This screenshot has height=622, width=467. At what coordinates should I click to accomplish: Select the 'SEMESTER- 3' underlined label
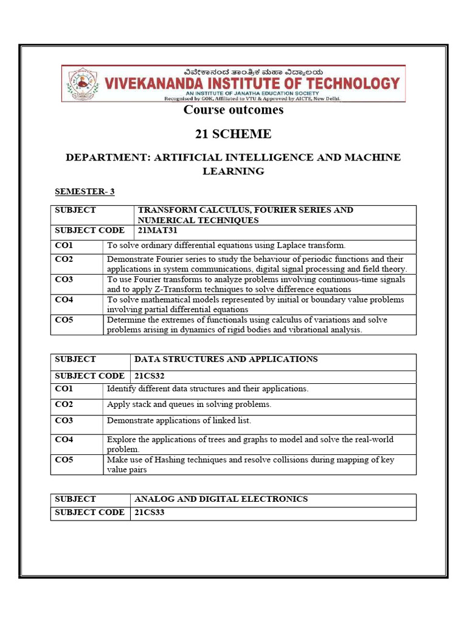(85, 191)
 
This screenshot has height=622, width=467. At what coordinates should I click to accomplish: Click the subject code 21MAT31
(155, 230)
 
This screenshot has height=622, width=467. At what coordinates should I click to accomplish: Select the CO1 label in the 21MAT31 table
(64, 245)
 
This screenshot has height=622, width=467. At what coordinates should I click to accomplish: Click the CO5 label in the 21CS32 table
(64, 460)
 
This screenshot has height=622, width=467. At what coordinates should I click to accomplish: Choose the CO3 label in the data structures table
(64, 420)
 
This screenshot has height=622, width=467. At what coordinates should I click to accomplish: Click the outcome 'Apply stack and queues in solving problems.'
(189, 404)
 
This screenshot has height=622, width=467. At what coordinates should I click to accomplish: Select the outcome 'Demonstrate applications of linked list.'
(179, 420)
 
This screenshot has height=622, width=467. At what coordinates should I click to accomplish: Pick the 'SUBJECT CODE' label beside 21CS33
(89, 512)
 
